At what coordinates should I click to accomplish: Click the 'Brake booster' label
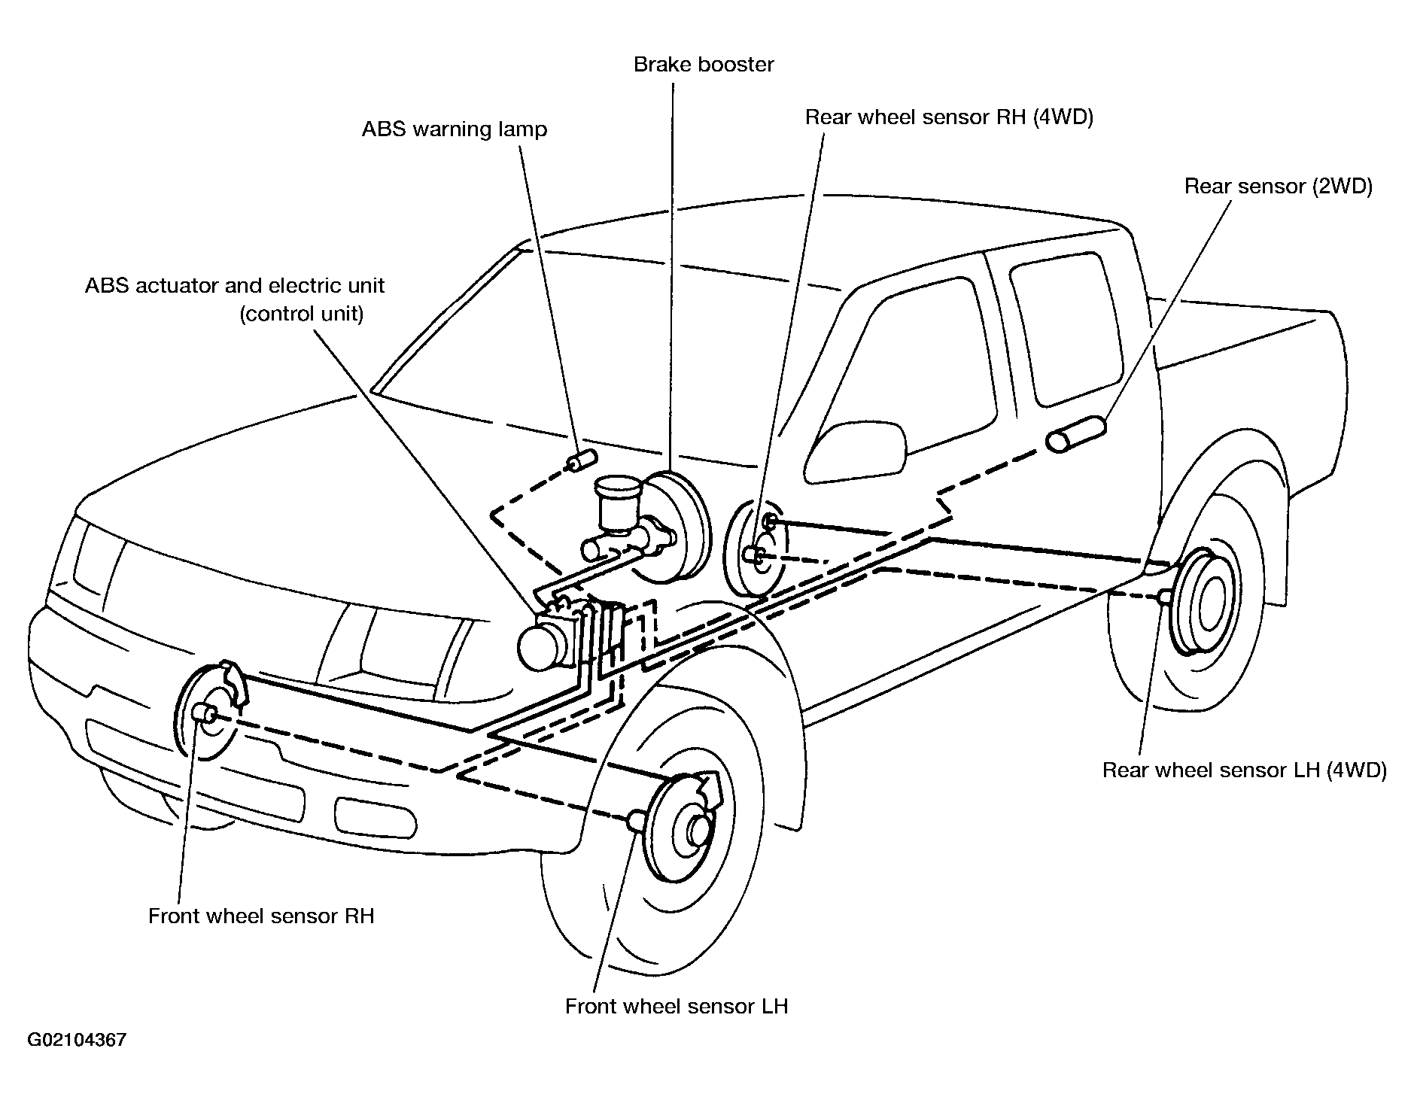(704, 65)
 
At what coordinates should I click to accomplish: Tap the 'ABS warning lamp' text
(455, 129)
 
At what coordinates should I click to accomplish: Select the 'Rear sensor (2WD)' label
(1279, 187)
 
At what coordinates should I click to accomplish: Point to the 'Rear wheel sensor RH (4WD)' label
(949, 117)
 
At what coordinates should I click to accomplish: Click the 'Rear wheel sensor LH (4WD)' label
(1245, 770)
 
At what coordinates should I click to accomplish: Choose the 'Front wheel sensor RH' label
(261, 916)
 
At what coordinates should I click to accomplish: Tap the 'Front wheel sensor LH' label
(677, 1006)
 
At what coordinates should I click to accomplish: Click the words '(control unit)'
(302, 314)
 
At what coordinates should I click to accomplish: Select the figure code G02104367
(77, 1041)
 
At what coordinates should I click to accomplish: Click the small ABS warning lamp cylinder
(582, 459)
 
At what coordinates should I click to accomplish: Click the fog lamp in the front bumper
(375, 816)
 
